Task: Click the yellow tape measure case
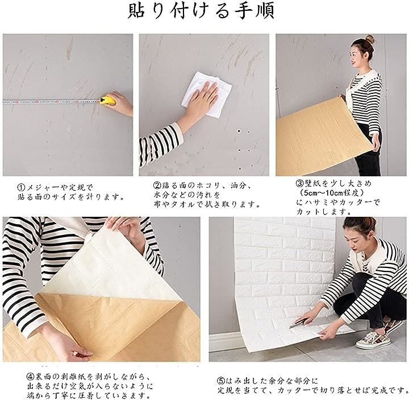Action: click(107, 100)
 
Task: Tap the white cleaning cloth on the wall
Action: click(206, 94)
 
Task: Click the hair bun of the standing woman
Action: click(370, 39)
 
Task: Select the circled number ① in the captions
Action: click(21, 187)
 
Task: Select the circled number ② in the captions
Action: click(157, 185)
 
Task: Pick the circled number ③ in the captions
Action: click(300, 183)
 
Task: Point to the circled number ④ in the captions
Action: click(31, 377)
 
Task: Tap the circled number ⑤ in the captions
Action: click(220, 381)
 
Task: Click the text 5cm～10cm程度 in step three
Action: click(332, 193)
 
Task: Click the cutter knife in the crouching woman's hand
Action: click(297, 323)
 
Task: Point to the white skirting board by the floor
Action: click(224, 340)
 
